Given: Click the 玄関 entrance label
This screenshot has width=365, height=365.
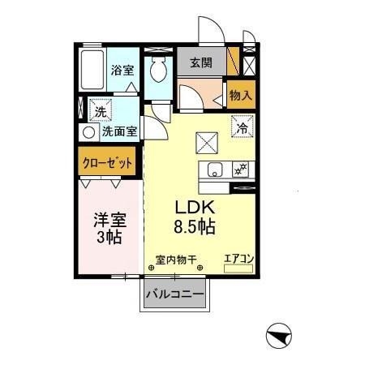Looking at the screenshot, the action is point(201,63).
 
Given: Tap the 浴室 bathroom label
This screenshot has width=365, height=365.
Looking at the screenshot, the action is point(122,71).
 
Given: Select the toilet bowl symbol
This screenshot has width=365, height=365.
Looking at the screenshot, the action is point(158,69).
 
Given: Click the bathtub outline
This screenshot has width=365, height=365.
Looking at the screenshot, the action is point(92,70).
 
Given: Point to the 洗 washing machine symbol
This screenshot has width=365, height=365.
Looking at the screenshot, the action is point(101,110).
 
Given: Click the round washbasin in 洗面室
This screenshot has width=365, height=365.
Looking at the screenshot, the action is point(89,133).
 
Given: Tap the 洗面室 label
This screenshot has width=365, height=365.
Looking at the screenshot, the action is point(120,131).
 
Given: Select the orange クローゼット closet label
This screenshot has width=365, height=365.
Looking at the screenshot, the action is point(108,163).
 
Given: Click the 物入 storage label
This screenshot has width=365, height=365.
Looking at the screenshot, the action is point(241,95).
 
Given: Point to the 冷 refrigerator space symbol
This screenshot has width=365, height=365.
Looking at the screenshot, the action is point(243,127).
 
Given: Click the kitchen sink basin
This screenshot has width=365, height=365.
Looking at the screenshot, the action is point(215,170).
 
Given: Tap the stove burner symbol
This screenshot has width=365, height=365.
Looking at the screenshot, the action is point(241,170).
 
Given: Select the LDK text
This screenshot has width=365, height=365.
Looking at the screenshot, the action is point(195,208).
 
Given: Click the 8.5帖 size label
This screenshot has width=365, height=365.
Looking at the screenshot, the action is point(195,226).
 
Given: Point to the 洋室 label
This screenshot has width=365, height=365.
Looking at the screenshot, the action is point(110,221).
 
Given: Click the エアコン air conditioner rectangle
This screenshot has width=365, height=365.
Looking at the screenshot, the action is point(238,268).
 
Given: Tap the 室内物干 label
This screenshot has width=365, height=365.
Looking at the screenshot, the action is point(176,260).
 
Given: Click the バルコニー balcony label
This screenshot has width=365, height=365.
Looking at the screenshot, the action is point(175,294).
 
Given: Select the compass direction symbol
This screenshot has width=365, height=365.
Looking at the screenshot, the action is point(279,336).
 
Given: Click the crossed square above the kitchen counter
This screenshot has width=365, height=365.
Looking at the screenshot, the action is point(207,143).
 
